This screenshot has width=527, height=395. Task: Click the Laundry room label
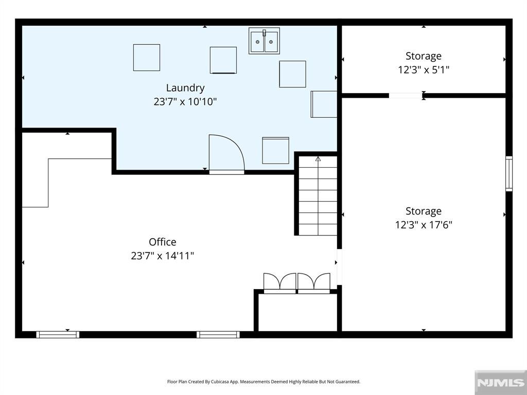point(185,88)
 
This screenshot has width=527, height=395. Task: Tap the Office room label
point(162,242)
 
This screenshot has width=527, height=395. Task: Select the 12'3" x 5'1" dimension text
point(424,70)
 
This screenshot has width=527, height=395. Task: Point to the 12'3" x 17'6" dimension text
point(424,225)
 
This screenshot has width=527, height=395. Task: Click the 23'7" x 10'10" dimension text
point(185,101)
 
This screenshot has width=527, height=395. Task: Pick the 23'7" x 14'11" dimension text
point(162,256)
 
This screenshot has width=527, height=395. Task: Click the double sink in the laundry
point(264,41)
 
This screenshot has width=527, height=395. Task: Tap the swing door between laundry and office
point(226,153)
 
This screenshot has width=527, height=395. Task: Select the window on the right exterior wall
point(509,174)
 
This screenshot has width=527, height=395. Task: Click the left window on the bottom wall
point(58,334)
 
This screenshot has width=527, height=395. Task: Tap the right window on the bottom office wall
point(218,334)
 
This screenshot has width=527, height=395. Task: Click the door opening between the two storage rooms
point(406,96)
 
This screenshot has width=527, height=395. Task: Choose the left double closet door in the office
point(279,283)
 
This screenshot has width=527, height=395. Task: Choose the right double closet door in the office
point(314,283)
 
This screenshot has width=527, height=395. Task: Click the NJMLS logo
point(500,382)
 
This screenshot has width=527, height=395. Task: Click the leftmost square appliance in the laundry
point(147,58)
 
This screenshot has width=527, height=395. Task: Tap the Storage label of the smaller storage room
point(424,56)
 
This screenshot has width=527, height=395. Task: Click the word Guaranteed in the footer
point(349,382)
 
